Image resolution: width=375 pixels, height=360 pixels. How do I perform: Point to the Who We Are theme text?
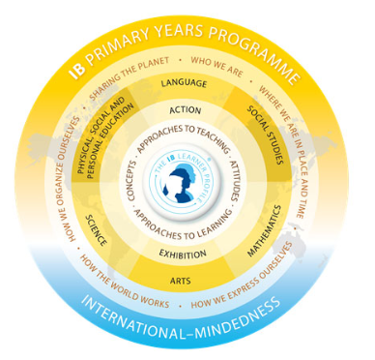click(218, 63)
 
